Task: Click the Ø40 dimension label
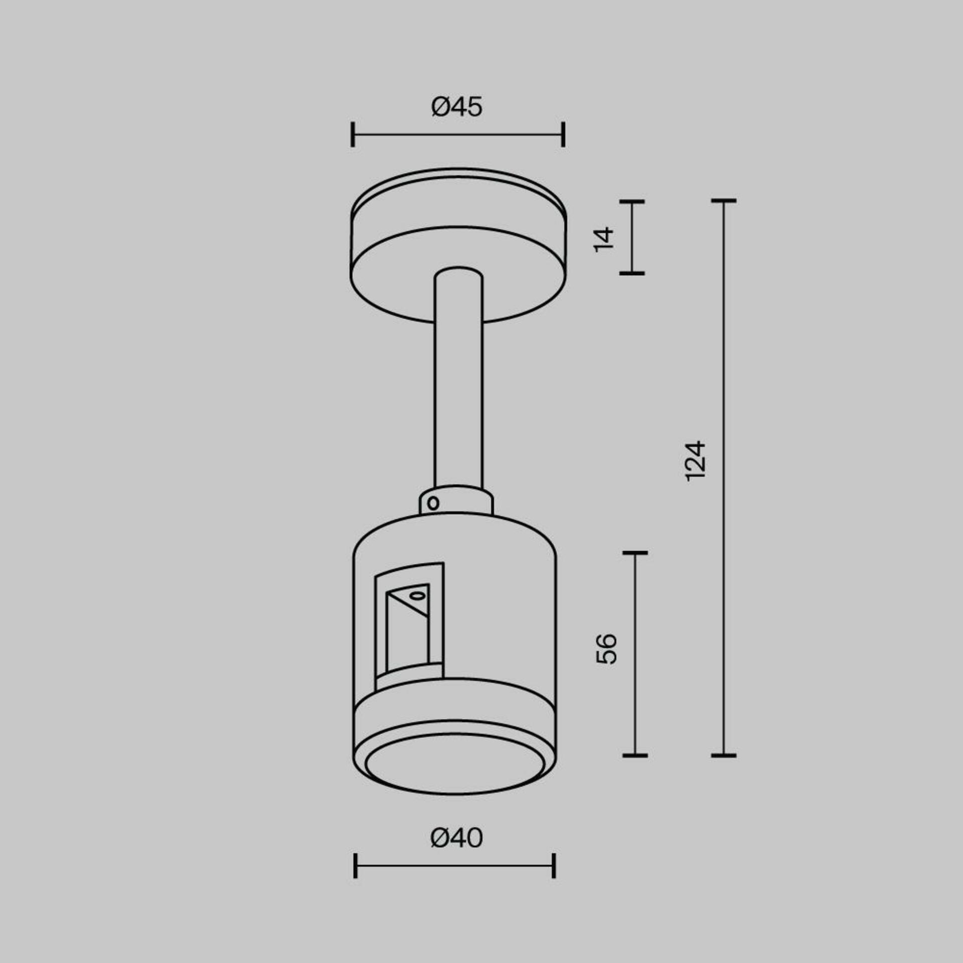(456, 838)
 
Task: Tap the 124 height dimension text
(696, 461)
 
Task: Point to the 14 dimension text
(604, 239)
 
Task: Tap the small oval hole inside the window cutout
(417, 596)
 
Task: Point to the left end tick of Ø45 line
(353, 134)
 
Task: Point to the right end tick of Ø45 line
(563, 134)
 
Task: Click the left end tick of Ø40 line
(355, 866)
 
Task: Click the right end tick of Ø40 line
(554, 866)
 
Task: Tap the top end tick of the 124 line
(723, 201)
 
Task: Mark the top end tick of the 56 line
(635, 553)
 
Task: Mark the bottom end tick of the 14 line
(631, 273)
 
